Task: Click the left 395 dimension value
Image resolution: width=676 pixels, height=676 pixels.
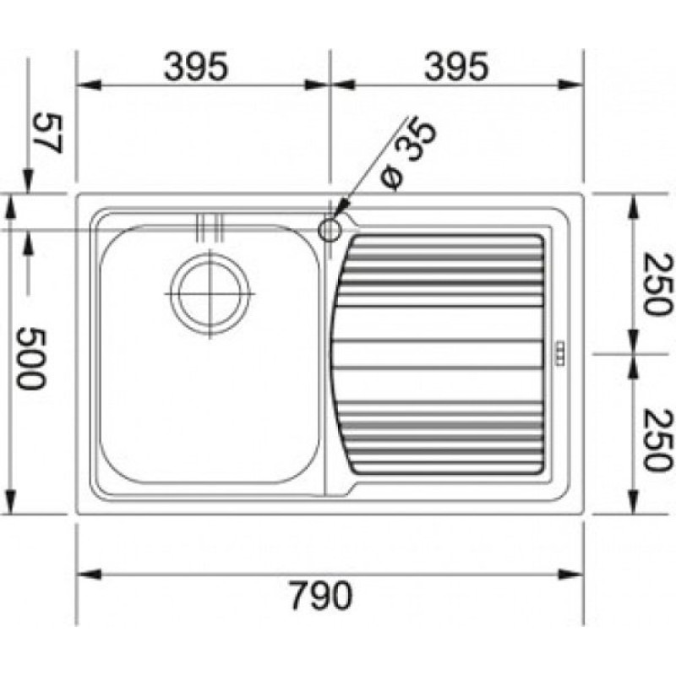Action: [x=196, y=68]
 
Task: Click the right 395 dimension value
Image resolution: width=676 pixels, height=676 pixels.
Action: [x=456, y=68]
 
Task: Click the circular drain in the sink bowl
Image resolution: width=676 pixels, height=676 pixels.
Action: [x=210, y=292]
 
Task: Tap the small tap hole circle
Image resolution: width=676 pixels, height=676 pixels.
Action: [x=330, y=228]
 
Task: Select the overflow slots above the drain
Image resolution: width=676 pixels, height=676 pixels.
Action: [x=209, y=227]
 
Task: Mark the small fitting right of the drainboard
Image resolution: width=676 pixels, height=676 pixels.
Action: [x=559, y=354]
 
